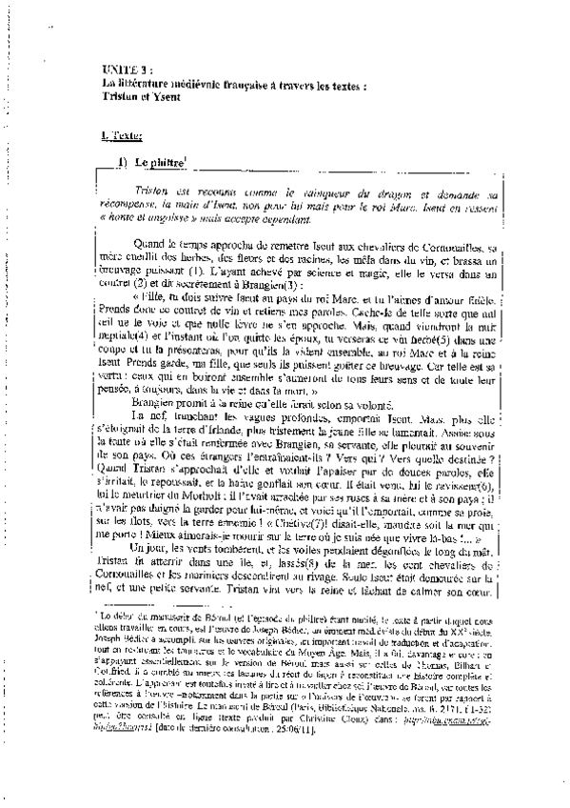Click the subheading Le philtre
click(x=158, y=164)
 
